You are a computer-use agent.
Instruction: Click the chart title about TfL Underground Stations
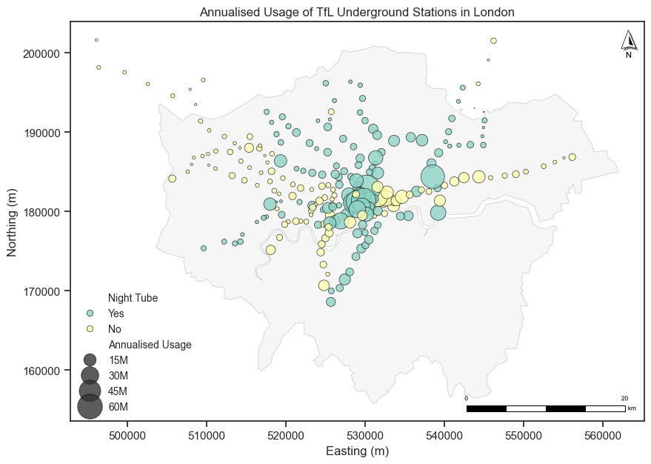click(357, 12)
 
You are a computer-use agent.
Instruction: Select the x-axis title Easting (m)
click(357, 451)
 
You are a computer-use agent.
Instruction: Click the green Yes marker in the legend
click(90, 314)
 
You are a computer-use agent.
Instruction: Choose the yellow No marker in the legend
click(90, 328)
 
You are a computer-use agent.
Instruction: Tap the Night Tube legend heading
click(133, 298)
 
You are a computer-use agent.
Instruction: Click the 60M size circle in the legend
click(90, 407)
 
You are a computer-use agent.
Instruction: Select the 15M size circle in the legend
click(90, 360)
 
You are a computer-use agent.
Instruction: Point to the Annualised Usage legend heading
click(150, 345)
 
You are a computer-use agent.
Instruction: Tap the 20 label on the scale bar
click(624, 399)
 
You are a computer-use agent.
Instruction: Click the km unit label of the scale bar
click(632, 408)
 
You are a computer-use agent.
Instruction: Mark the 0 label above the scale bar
click(467, 399)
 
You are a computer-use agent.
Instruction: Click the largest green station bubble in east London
click(433, 176)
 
